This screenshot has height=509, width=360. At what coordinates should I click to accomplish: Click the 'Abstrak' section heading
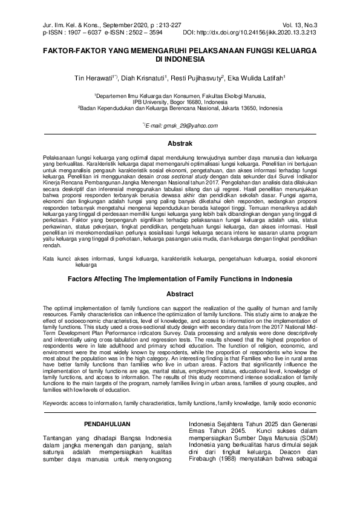coord(180,143)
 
